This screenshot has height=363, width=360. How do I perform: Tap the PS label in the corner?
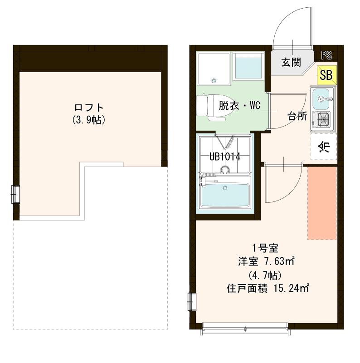326,55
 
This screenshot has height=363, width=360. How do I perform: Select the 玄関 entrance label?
291,62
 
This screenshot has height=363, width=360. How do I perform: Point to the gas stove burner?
322,120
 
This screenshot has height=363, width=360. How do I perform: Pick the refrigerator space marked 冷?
323,147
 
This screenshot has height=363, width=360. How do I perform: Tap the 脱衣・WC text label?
238,107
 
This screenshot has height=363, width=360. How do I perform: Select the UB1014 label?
224,157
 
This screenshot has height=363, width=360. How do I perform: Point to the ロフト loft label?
89,108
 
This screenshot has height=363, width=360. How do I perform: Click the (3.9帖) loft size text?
89,120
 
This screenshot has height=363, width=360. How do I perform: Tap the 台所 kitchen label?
297,116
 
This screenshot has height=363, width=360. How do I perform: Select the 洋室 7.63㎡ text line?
267,261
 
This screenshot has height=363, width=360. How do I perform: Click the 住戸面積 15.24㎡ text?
268,288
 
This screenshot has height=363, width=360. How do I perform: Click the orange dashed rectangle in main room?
322,202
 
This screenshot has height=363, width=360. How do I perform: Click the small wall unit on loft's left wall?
15,194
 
